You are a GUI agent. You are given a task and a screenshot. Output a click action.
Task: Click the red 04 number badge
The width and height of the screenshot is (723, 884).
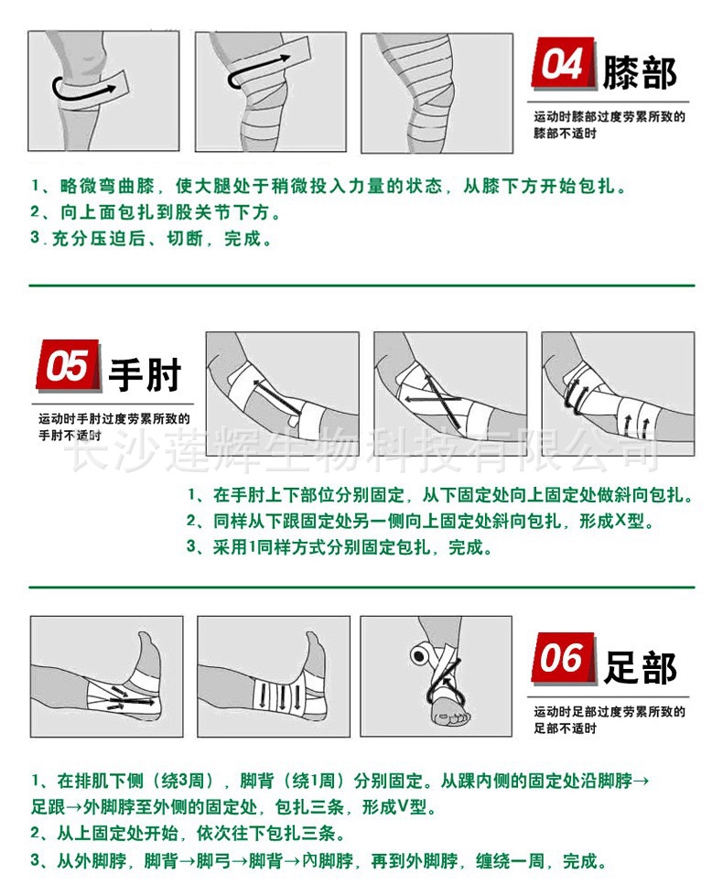click(562, 66)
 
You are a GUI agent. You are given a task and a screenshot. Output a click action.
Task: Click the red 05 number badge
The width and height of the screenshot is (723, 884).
click(68, 368)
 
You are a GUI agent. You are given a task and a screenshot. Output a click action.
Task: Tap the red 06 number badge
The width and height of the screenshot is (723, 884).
click(562, 659)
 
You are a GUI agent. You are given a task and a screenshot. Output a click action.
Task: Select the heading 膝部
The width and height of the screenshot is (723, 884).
click(640, 73)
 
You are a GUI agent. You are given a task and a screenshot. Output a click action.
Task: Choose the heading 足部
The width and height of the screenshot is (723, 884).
click(640, 666)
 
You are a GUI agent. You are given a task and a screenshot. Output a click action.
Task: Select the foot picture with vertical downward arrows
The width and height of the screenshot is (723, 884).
click(273, 676)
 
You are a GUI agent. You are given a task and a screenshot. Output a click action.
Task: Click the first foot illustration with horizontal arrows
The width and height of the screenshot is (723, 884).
click(106, 676)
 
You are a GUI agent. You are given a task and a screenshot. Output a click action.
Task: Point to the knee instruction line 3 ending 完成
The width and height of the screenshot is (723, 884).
click(152, 240)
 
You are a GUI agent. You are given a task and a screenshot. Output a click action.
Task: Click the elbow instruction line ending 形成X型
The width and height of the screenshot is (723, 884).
click(421, 522)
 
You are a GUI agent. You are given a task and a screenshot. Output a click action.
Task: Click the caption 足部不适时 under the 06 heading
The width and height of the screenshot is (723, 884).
click(566, 728)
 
